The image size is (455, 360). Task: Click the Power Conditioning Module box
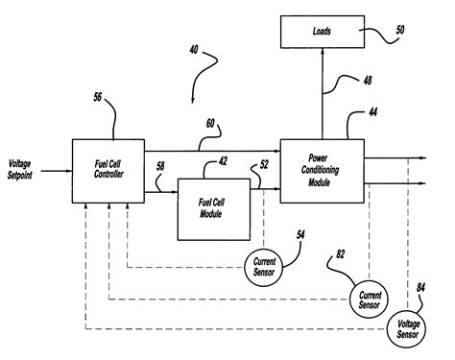321,171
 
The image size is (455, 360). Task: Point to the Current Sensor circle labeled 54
264,262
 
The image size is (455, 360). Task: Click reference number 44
372,112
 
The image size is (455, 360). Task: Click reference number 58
160,167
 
